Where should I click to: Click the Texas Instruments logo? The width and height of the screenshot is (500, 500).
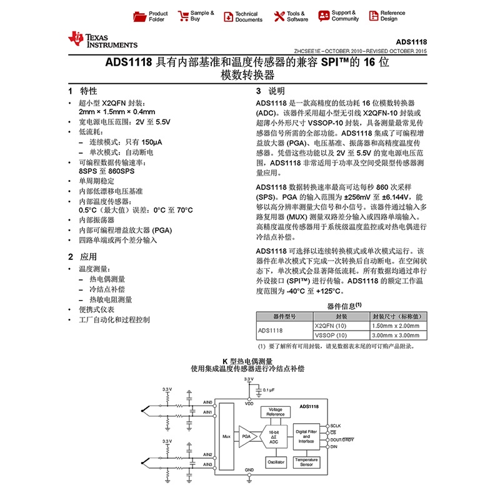[x=103, y=40]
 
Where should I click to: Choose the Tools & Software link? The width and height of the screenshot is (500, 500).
[x=289, y=16]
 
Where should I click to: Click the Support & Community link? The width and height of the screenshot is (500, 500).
[x=338, y=16]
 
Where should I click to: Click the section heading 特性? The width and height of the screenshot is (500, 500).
[x=87, y=91]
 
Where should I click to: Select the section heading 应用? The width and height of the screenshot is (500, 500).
[x=87, y=257]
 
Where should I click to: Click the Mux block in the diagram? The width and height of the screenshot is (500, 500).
[x=226, y=436]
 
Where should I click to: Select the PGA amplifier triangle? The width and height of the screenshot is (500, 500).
[x=247, y=436]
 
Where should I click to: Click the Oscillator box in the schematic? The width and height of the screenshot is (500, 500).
[x=276, y=462]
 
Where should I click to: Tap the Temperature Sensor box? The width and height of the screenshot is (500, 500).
[x=306, y=462]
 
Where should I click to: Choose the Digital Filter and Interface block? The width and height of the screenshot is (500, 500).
[x=306, y=436]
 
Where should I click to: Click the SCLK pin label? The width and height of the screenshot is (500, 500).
[x=336, y=426]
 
